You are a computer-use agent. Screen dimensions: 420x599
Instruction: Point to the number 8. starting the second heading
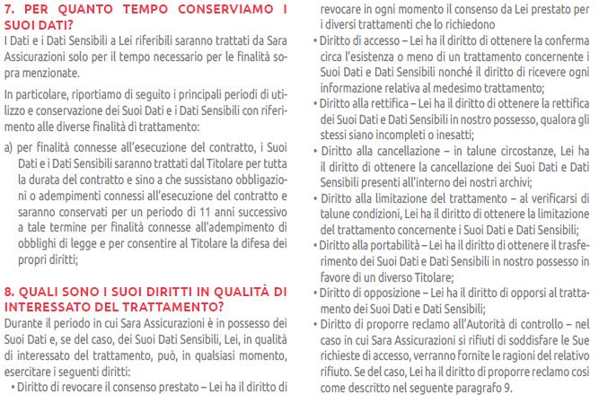pos(10,292)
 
